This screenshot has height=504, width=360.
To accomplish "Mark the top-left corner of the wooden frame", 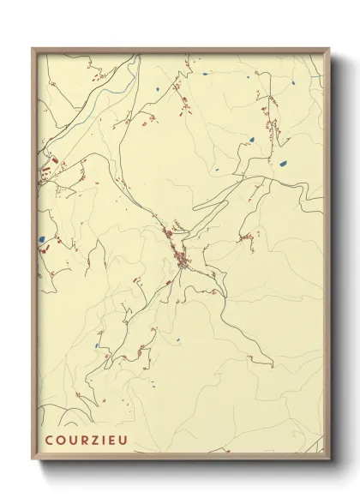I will [33, 48].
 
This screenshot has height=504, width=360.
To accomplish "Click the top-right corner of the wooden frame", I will [328, 48].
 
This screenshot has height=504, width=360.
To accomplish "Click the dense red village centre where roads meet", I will [182, 261].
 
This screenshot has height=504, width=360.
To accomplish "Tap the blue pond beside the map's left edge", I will [41, 240].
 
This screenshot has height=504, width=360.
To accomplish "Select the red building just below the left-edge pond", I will [40, 251].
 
